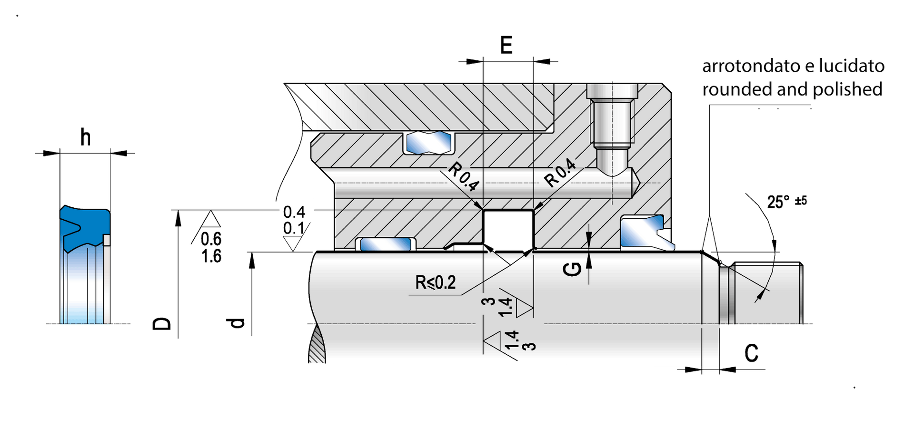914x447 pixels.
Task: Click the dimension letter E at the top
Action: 507,45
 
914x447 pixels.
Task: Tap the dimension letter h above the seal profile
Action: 86,137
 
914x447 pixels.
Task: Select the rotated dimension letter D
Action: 162,324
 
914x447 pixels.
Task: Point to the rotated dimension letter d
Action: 237,323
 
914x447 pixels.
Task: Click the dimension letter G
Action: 572,269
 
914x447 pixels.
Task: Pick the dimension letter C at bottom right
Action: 751,353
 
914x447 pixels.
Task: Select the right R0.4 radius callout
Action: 560,172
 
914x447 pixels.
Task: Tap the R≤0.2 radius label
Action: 436,282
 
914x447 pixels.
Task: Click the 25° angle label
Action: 778,202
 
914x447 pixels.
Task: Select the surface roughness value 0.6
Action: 211,238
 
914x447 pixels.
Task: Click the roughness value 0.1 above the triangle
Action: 294,228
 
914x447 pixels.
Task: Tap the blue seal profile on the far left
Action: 85,228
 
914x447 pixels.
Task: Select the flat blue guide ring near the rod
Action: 386,244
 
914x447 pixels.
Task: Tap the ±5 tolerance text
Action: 801,201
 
